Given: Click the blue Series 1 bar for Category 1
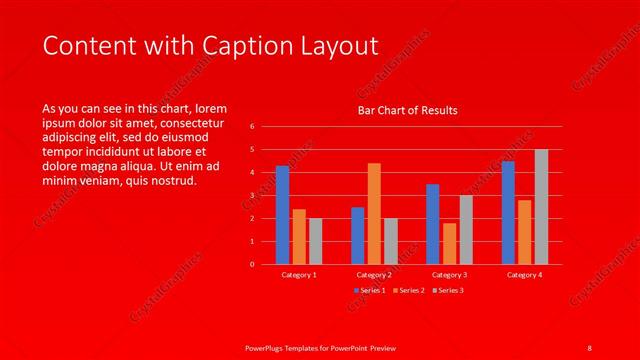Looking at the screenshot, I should [x=283, y=215].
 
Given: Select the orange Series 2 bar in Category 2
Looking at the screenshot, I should [x=374, y=213].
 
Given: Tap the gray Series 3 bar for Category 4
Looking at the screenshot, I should [x=541, y=207].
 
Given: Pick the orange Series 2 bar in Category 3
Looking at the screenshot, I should [x=449, y=243].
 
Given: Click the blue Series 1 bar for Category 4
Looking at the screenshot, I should [x=508, y=212].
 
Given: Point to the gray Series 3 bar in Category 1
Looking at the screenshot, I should [x=315, y=241].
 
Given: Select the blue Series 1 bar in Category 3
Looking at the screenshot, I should [x=432, y=224].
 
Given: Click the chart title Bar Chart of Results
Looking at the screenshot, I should [x=408, y=110].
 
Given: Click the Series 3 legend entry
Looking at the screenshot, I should [x=447, y=290].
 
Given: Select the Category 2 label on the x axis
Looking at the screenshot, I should [x=374, y=274].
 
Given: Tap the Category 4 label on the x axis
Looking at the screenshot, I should [x=524, y=274].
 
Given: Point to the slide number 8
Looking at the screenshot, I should [x=589, y=346].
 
